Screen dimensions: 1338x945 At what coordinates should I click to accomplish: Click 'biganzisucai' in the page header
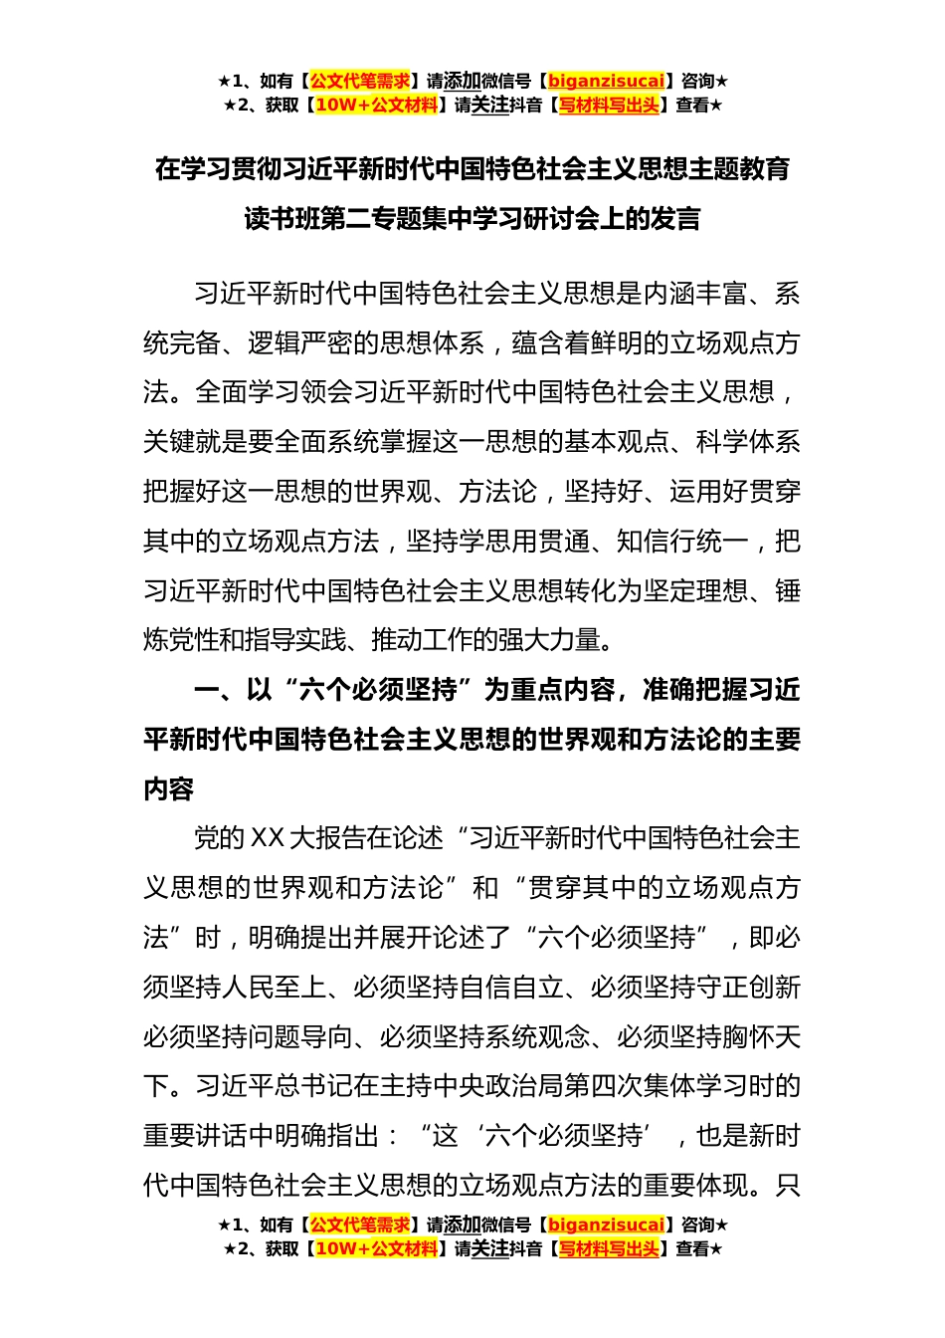point(606,82)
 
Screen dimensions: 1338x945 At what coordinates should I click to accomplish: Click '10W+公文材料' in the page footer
point(376,1248)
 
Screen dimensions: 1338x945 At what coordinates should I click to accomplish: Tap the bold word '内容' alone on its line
point(169,789)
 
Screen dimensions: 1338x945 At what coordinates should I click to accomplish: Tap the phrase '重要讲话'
point(195,1136)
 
